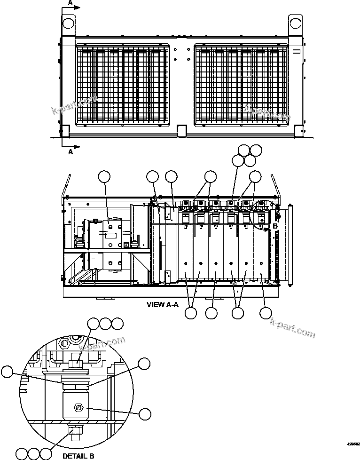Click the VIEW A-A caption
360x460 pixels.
coord(163,304)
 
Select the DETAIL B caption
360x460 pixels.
coord(78,455)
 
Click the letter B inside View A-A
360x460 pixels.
coord(276,226)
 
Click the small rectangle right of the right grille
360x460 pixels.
coord(297,51)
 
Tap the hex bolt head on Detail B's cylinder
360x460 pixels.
coord(78,407)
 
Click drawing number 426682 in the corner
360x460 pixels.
coord(353,444)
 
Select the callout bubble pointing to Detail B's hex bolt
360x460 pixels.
coord(145,413)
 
